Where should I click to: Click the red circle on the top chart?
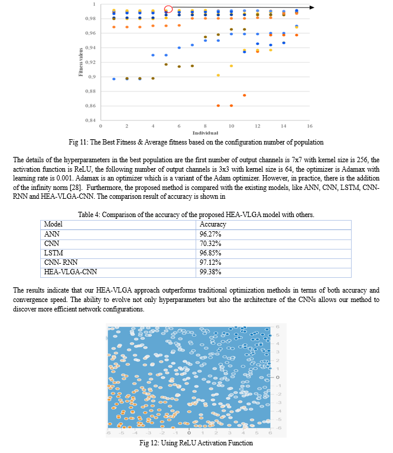pyautogui.click(x=168, y=9)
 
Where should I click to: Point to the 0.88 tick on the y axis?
pyautogui.click(x=89, y=91)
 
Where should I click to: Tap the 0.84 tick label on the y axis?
pyautogui.click(x=89, y=120)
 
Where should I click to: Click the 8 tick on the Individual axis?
pyautogui.click(x=205, y=126)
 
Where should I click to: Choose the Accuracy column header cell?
pyautogui.click(x=214, y=208)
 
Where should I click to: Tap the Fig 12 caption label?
pyautogui.click(x=150, y=442)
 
